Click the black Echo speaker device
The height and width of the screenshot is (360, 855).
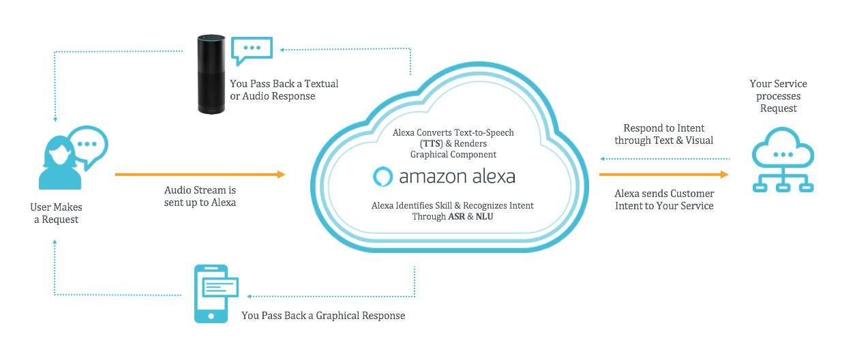click(x=211, y=75)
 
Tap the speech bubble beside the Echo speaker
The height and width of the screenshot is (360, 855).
click(x=252, y=50)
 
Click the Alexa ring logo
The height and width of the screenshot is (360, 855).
click(x=382, y=177)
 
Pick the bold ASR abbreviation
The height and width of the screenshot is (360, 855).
click(x=457, y=217)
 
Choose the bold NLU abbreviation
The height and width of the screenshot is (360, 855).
click(x=484, y=217)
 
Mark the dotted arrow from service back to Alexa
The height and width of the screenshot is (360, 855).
click(x=665, y=159)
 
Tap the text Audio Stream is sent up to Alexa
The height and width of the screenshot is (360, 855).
click(x=200, y=196)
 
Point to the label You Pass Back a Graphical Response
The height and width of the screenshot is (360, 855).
click(x=323, y=316)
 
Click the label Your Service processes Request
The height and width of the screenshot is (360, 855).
click(x=778, y=95)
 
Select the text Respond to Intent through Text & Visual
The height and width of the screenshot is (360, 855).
click(x=663, y=134)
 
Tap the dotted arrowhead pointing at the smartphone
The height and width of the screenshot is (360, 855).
click(x=250, y=296)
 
